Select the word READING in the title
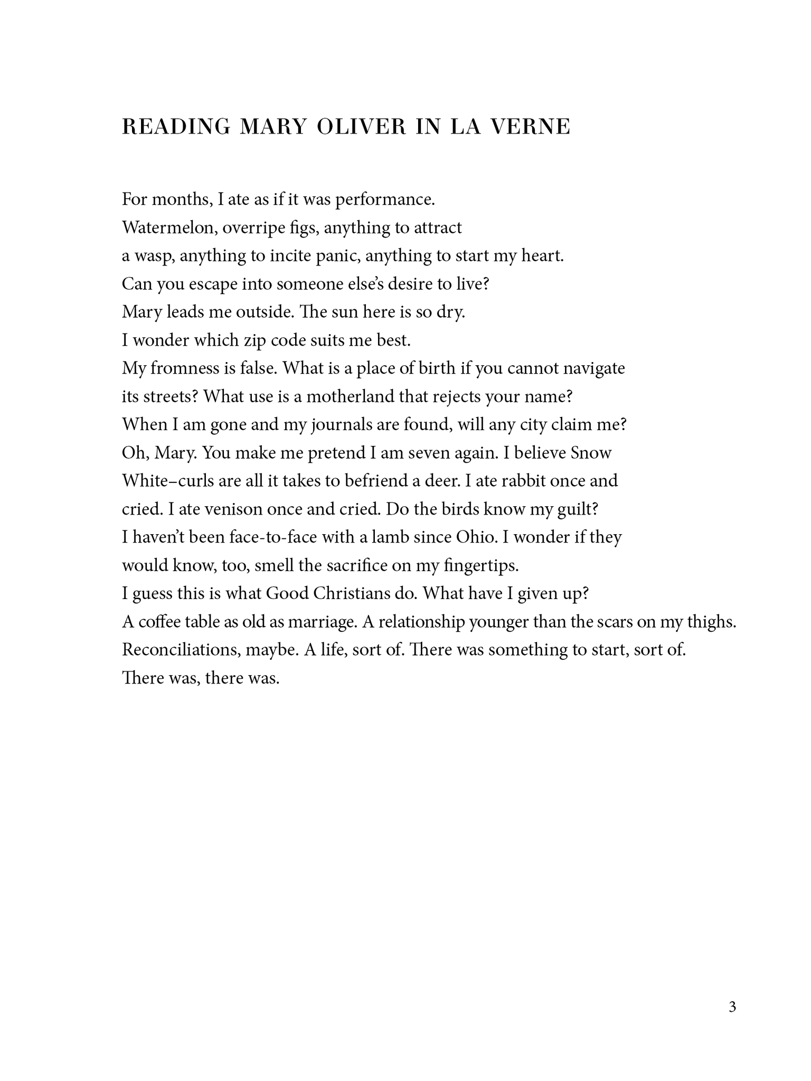[x=176, y=127]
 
